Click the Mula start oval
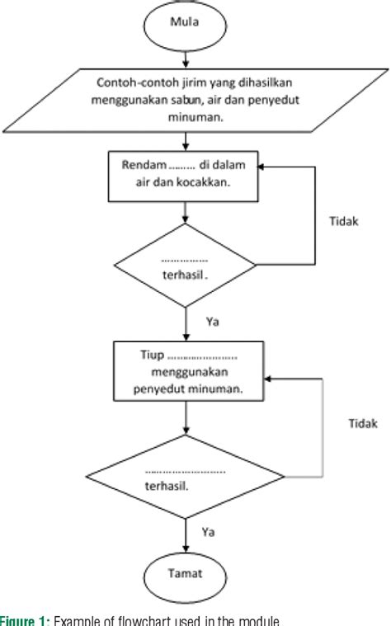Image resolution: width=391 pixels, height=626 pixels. tap(189, 26)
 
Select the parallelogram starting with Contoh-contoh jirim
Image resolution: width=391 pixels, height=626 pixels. tap(189, 106)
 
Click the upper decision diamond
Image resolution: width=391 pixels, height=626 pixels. tap(189, 270)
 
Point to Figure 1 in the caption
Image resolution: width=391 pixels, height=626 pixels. tap(24, 619)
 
